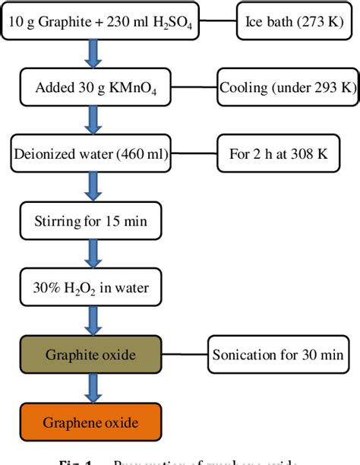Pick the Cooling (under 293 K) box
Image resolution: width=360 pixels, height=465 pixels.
point(287,88)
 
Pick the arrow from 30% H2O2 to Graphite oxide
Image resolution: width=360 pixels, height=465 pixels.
point(93,323)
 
